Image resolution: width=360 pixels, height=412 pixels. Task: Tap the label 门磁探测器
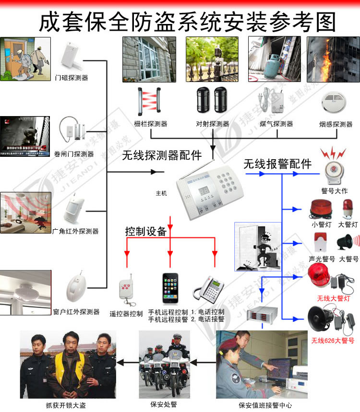tap(72, 77)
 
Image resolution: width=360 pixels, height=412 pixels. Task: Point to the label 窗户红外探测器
tap(76, 312)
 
